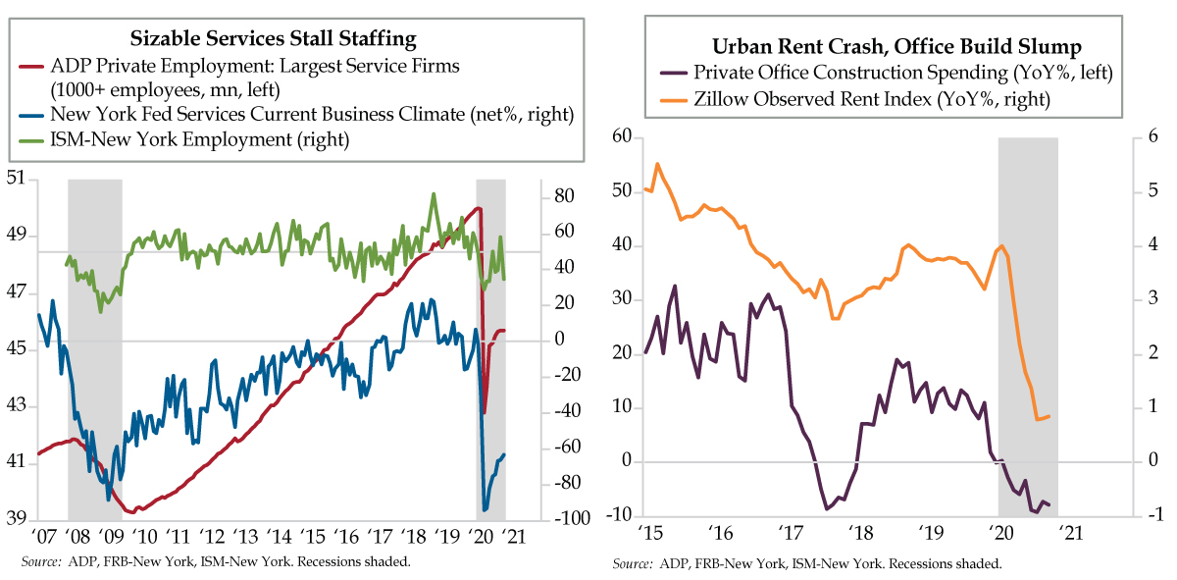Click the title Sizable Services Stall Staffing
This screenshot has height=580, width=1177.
pos(274,39)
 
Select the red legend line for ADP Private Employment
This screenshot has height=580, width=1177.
pos(31,66)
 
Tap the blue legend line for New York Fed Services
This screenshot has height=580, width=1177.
pos(31,115)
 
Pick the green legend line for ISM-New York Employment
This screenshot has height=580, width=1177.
pos(31,140)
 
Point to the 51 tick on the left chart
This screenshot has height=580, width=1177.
pos(17,179)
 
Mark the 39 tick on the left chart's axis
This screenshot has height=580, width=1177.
pos(17,519)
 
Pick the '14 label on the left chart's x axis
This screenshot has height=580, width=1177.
pos(280,537)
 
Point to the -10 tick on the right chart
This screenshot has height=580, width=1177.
pos(619,516)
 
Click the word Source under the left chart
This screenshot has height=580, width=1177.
pos(37,562)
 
